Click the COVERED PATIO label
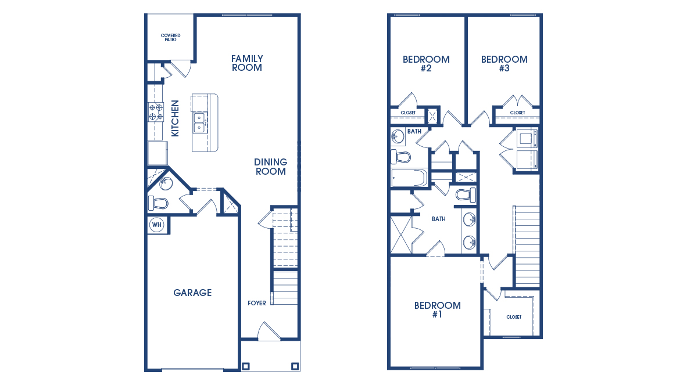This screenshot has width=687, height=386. click(170, 38)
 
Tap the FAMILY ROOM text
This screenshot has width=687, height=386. click(247, 63)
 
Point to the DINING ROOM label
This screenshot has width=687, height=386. click(270, 167)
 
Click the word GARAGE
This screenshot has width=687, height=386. click(192, 293)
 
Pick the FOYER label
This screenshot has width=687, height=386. click(257, 303)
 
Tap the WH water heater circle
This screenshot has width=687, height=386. click(156, 225)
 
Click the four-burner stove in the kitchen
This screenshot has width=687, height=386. click(156, 111)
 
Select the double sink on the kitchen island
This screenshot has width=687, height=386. click(199, 122)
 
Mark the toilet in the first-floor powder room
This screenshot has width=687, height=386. click(158, 203)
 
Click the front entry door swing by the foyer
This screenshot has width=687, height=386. click(269, 332)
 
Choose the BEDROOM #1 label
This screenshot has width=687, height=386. click(437, 310)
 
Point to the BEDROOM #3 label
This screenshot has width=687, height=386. click(504, 63)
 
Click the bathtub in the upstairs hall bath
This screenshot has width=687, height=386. click(409, 178)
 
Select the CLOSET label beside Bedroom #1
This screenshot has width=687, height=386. click(514, 317)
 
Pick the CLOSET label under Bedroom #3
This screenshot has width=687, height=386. click(517, 113)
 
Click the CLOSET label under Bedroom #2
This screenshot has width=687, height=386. click(408, 113)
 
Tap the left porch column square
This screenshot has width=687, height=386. click(246, 366)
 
